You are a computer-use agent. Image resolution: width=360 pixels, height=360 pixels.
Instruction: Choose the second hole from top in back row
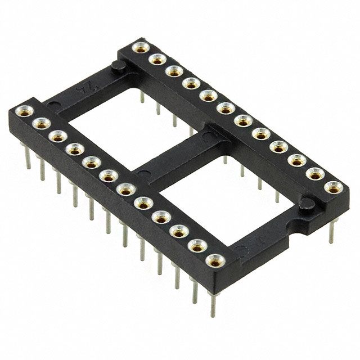tap(156, 58)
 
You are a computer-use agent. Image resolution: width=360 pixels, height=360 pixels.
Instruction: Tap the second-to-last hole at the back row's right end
tap(314, 173)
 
